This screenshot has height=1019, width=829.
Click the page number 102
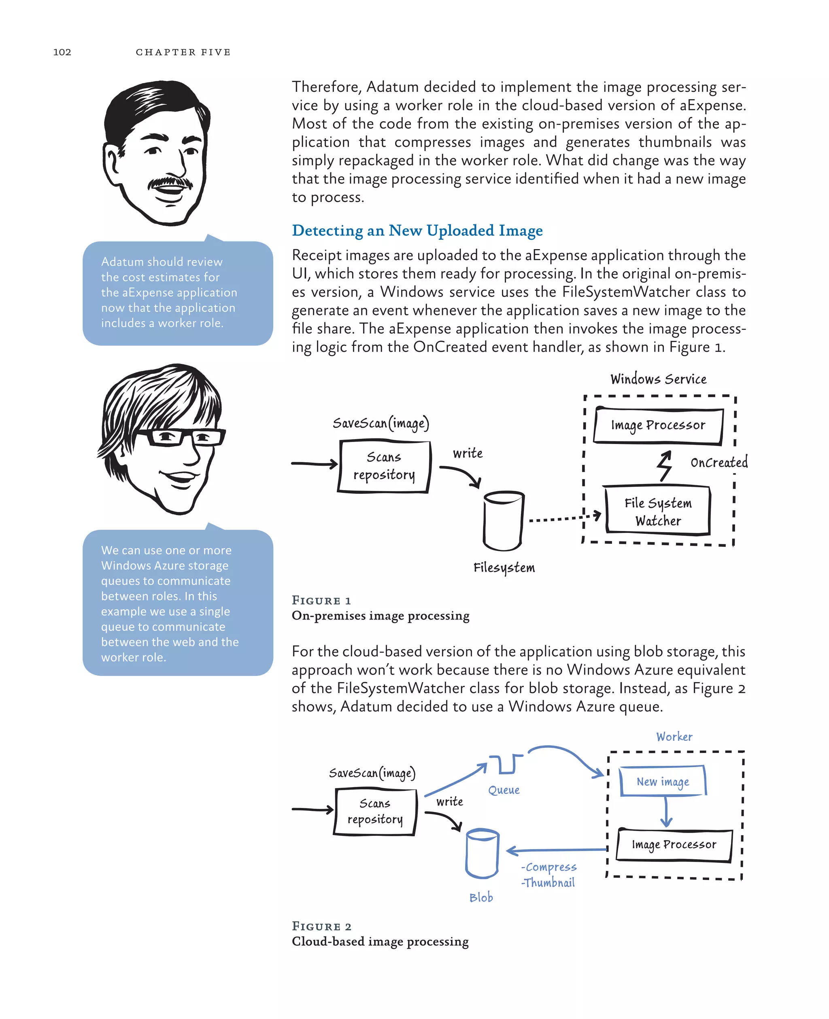(62, 52)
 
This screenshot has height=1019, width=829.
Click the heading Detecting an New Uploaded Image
(417, 230)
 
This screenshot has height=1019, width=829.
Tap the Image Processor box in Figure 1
(658, 425)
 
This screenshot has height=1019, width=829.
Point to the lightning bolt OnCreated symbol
(664, 465)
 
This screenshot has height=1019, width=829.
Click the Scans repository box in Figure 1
(384, 466)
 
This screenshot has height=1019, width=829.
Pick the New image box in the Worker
(662, 781)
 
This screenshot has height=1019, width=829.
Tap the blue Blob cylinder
(482, 854)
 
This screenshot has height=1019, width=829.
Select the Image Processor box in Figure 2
(674, 845)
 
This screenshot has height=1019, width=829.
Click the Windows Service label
(658, 379)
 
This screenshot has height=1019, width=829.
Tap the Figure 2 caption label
(321, 926)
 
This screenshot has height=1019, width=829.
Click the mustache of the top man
(170, 183)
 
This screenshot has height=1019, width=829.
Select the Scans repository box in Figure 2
(375, 812)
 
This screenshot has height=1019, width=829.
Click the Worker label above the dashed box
(674, 737)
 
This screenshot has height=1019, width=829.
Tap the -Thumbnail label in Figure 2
(548, 883)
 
